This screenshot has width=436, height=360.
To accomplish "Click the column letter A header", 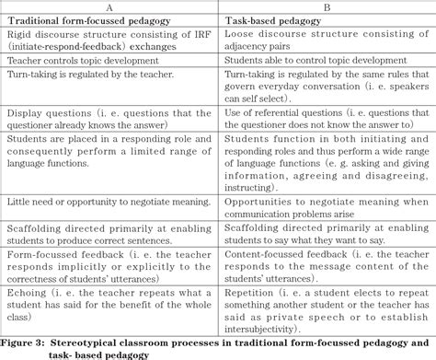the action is [x=109, y=6].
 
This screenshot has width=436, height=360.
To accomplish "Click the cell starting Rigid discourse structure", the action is [x=109, y=41].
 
